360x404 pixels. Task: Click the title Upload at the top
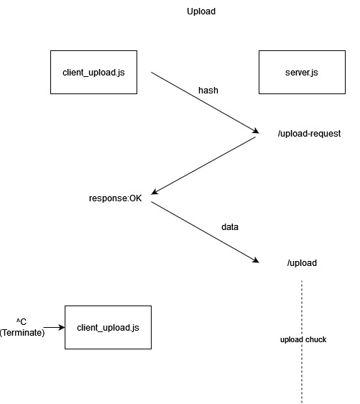click(200, 12)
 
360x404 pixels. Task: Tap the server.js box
click(302, 72)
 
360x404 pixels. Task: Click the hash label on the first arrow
click(208, 91)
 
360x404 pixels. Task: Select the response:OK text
click(116, 198)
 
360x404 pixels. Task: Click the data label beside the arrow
click(229, 226)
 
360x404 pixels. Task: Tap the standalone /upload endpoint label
click(302, 262)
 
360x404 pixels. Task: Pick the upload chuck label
click(303, 339)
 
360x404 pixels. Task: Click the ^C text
click(22, 321)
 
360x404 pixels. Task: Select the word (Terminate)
click(22, 332)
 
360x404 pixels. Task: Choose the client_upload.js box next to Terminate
click(108, 327)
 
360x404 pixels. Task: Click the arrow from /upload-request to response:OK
click(205, 165)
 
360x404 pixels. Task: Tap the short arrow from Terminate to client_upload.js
click(53, 327)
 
